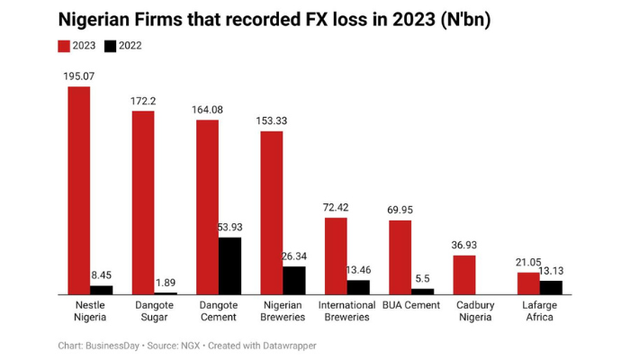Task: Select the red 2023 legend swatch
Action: (64, 45)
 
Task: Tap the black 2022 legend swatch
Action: (111, 45)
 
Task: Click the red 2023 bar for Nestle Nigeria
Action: (79, 190)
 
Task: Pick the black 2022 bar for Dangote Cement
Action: (229, 265)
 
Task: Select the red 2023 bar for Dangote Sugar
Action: (143, 202)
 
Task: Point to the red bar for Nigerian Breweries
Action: (272, 212)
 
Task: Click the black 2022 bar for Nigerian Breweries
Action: (294, 280)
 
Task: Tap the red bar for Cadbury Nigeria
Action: (464, 274)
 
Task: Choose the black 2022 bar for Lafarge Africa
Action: (551, 287)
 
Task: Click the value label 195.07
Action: (79, 76)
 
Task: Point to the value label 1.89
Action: (166, 283)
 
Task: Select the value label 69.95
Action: (400, 210)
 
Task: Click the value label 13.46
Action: (358, 270)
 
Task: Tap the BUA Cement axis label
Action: (411, 305)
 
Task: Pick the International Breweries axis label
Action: (347, 310)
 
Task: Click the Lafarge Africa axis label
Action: (539, 310)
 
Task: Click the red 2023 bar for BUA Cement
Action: (400, 256)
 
